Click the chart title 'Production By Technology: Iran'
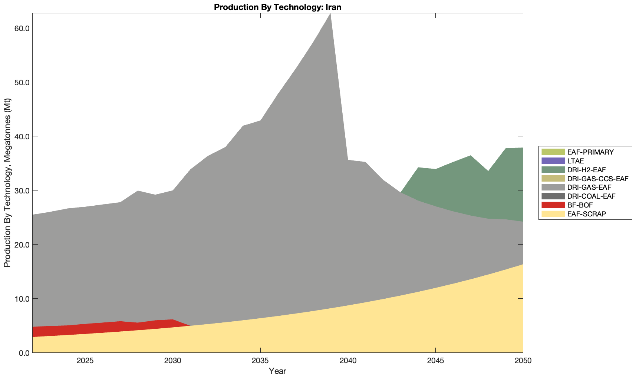[277, 7]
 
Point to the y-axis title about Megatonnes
[7, 183]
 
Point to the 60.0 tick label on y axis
[22, 28]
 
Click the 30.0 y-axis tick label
[22, 190]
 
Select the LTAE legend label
[576, 161]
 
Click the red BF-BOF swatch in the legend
[553, 205]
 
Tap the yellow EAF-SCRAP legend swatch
[553, 214]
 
